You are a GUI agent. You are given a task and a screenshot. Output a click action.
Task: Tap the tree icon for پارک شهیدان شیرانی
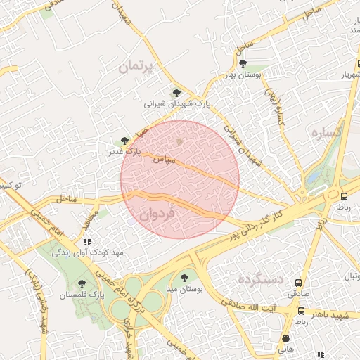click(176, 93)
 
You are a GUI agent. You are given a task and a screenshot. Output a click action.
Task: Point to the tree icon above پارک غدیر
click(124, 141)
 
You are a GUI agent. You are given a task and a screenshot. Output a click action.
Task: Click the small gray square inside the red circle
click(180, 142)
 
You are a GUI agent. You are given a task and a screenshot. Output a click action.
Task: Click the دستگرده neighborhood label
click(260, 279)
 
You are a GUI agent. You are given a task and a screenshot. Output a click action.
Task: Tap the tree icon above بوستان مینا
click(184, 278)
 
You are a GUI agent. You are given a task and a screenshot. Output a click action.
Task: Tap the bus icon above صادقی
click(301, 311)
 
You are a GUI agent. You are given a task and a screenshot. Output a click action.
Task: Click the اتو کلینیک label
click(14, 185)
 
